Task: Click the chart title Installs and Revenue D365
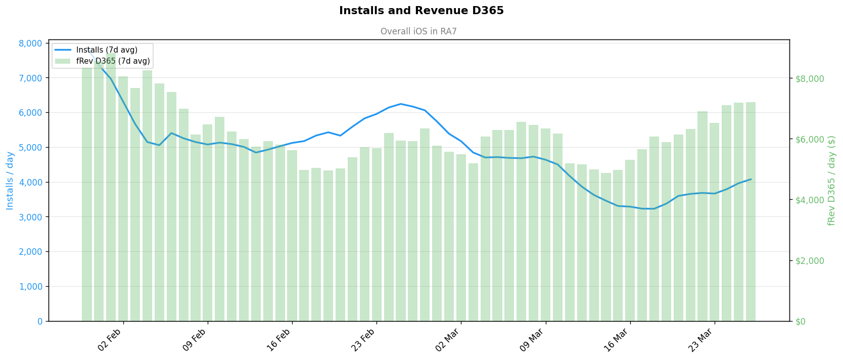pyautogui.click(x=421, y=11)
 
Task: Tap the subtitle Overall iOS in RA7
pyautogui.click(x=418, y=31)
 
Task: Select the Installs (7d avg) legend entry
pyautogui.click(x=107, y=50)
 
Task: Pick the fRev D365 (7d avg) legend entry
pyautogui.click(x=113, y=61)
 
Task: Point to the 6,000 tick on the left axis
pyautogui.click(x=30, y=113)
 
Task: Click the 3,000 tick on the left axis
pyautogui.click(x=30, y=217)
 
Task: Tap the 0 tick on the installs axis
pyautogui.click(x=40, y=321)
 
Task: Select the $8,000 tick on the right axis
pyautogui.click(x=810, y=78)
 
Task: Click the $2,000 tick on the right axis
pyautogui.click(x=810, y=260)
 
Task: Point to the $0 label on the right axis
pyautogui.click(x=801, y=321)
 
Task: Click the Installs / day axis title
pyautogui.click(x=10, y=181)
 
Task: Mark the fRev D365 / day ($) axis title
pyautogui.click(x=831, y=181)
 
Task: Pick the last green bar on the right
pyautogui.click(x=751, y=212)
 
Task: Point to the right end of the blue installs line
pyautogui.click(x=751, y=179)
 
